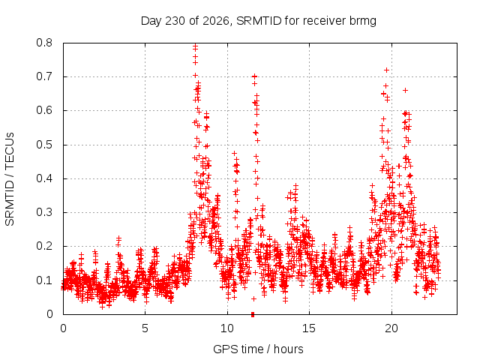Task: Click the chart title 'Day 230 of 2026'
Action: [185, 21]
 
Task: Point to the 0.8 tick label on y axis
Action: [44, 43]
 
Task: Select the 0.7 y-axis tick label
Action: [44, 76]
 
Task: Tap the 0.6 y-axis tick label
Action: [44, 110]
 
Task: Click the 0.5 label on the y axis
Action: [44, 145]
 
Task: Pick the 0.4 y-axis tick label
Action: [44, 178]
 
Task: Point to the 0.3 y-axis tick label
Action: [44, 212]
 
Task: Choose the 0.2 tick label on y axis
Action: [44, 246]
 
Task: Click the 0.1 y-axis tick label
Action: [44, 280]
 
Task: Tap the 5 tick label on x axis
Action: [145, 328]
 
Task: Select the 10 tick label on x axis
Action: [227, 328]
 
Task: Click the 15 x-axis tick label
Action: [309, 328]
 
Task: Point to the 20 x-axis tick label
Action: [391, 328]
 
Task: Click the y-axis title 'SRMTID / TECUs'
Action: [10, 179]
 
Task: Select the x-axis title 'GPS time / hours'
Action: [258, 349]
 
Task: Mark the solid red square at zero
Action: [253, 314]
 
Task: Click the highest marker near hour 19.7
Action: [387, 70]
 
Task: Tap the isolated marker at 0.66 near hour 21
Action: [405, 90]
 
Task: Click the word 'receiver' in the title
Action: [324, 21]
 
